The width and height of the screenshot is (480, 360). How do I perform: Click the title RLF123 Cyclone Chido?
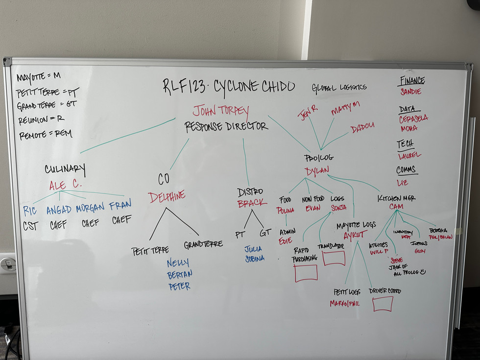[x=229, y=87]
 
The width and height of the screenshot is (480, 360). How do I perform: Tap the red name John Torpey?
[x=221, y=111]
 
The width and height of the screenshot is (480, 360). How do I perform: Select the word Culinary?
[x=65, y=169]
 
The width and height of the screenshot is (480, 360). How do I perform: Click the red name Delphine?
[x=167, y=196]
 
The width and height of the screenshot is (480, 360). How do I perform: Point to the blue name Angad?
[x=59, y=209]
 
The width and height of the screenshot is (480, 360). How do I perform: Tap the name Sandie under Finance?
[x=410, y=91]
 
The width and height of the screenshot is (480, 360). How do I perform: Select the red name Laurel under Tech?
[x=409, y=156]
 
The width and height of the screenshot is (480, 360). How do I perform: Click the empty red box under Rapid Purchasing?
[x=306, y=273]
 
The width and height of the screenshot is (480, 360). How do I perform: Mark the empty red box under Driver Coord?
[x=383, y=304]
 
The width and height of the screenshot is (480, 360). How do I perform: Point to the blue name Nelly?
[x=178, y=263]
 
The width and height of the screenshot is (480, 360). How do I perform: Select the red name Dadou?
[x=362, y=130]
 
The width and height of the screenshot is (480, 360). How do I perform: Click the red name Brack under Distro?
[x=252, y=203]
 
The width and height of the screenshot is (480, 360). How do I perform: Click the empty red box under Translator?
[x=334, y=258]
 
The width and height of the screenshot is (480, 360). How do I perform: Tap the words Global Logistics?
[x=339, y=88]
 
